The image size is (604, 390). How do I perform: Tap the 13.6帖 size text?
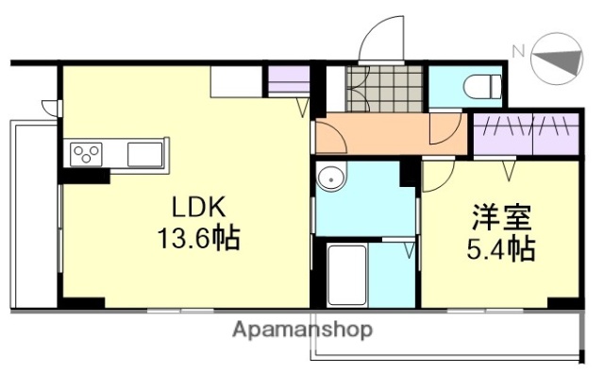point(198,237)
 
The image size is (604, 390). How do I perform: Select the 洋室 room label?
point(501,219)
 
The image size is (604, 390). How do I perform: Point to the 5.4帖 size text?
point(503,249)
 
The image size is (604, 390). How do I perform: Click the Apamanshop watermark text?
point(302,330)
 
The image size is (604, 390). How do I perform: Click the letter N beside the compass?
point(517,51)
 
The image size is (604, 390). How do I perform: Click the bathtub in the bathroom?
point(346,276)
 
